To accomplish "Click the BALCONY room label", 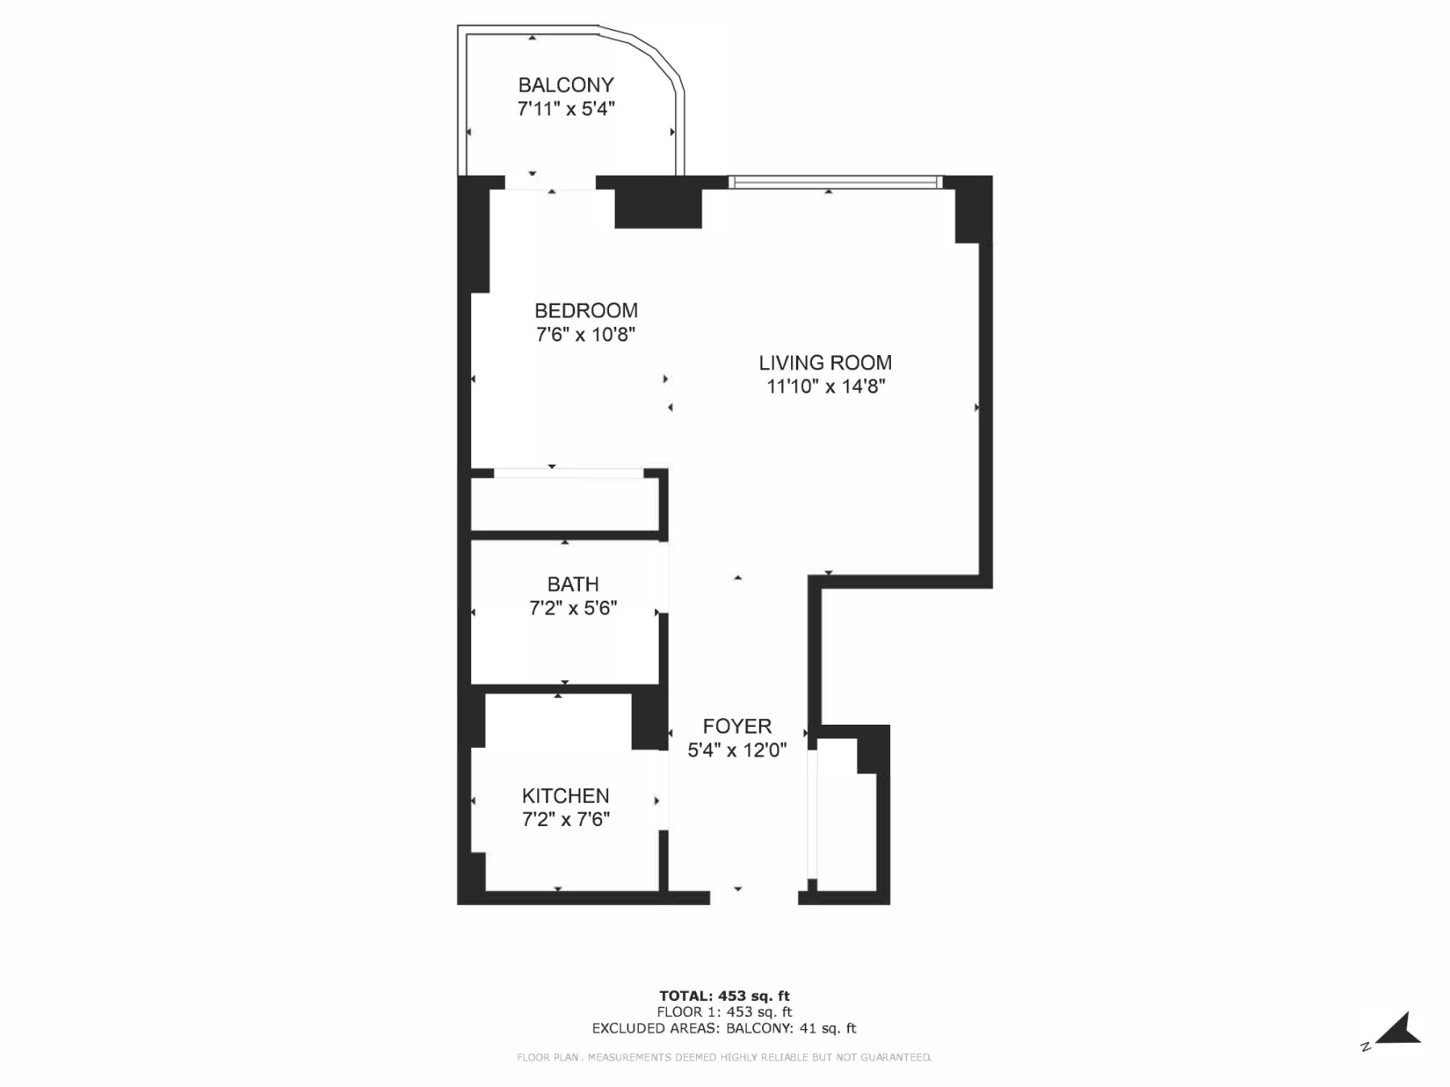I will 565,85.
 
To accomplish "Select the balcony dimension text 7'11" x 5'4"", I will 565,109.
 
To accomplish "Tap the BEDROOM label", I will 586,311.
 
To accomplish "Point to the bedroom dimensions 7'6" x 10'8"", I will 586,334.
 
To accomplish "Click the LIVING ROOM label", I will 825,363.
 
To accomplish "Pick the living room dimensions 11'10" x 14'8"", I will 825,386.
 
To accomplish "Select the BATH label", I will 573,585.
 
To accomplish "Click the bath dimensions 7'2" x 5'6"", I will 573,608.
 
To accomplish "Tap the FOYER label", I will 736,726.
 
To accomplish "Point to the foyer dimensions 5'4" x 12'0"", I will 736,750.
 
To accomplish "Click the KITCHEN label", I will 565,796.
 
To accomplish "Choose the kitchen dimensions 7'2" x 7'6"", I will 565,820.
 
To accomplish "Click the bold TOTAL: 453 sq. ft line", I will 724,996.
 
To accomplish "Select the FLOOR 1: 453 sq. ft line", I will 724,1012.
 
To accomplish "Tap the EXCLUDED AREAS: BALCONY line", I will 724,1028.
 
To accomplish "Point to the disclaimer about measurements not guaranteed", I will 724,1057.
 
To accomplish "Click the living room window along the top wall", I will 835,182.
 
